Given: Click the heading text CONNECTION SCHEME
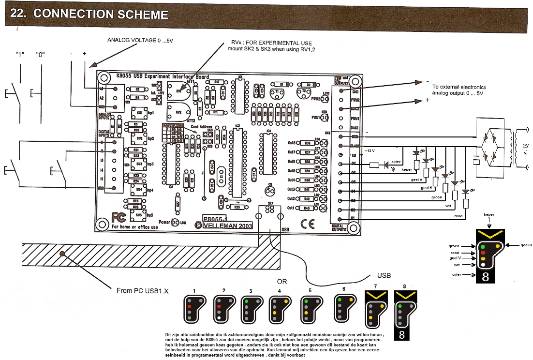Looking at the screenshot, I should (x=101, y=14).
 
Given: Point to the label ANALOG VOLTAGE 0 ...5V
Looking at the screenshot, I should (x=140, y=41).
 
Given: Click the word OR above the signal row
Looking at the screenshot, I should (x=282, y=281).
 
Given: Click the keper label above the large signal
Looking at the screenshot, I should (x=489, y=214).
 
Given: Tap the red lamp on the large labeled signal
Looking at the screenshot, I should (x=482, y=253).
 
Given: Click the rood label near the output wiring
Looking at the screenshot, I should (x=458, y=216).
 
